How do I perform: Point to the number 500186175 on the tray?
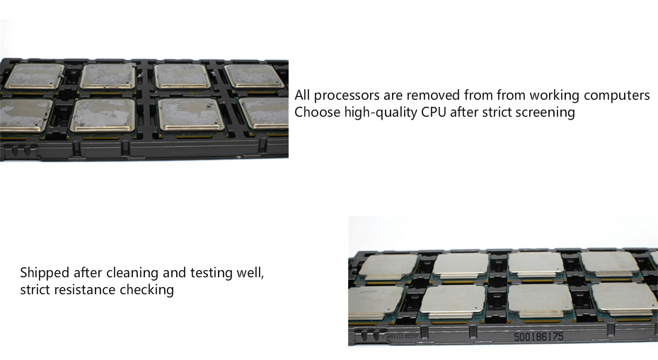[x=539, y=337]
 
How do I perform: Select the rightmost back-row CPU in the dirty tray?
[x=254, y=76]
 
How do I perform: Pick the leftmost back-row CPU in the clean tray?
[x=388, y=267]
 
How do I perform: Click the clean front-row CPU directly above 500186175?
[x=540, y=301]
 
